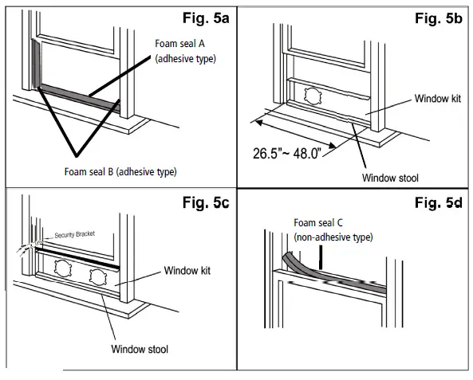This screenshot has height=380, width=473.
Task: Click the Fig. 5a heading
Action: tap(206, 18)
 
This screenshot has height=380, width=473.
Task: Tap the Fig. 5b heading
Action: tap(439, 18)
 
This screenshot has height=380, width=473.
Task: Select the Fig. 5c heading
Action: tap(206, 202)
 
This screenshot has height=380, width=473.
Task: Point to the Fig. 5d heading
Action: tap(439, 202)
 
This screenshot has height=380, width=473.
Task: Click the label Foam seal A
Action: tap(179, 44)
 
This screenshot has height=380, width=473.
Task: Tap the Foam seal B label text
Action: tap(89, 171)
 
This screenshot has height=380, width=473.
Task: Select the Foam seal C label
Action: tap(318, 223)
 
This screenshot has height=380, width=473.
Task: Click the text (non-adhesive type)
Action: tap(333, 237)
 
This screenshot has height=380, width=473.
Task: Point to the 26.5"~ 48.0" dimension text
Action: tap(287, 153)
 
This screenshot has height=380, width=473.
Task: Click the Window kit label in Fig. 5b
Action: tap(438, 98)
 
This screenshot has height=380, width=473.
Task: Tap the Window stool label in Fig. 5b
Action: tap(390, 178)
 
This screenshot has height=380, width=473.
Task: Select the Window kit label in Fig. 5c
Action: tap(187, 270)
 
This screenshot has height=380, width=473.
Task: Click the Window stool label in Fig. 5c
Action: tap(140, 349)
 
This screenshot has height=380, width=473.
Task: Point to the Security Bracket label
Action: tap(74, 234)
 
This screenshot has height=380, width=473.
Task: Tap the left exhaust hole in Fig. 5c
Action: tap(63, 268)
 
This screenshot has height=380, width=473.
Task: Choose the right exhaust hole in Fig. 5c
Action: tap(98, 277)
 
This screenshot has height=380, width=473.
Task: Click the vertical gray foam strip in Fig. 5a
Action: tap(36, 65)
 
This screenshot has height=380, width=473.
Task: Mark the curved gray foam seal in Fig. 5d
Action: tap(332, 275)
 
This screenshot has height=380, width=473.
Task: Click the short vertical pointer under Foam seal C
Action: tap(321, 257)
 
